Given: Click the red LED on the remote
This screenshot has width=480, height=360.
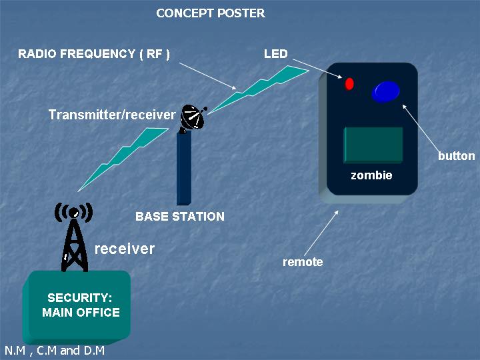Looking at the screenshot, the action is pyautogui.click(x=349, y=83).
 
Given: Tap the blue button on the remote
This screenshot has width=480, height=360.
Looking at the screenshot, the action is pyautogui.click(x=386, y=91).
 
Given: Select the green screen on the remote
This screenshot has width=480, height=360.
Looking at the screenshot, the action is pyautogui.click(x=373, y=145).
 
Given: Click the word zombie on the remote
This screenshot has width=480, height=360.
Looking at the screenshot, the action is pyautogui.click(x=371, y=175).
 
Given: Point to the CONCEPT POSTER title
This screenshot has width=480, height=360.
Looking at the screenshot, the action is pyautogui.click(x=211, y=13).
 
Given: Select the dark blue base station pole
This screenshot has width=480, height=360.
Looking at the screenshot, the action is pyautogui.click(x=184, y=168).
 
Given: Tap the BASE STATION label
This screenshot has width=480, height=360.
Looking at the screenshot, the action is pyautogui.click(x=180, y=217).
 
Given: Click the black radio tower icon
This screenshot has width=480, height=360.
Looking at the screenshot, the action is pyautogui.click(x=74, y=236).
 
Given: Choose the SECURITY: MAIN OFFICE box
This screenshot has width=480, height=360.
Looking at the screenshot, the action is pyautogui.click(x=77, y=306).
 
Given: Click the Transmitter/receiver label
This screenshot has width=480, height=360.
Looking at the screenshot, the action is pyautogui.click(x=112, y=115).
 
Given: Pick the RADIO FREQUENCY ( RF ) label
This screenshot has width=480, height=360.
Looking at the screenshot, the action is pyautogui.click(x=94, y=54).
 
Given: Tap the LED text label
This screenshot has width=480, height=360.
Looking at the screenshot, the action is pyautogui.click(x=276, y=54).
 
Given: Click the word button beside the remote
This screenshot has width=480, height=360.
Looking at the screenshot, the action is pyautogui.click(x=457, y=156).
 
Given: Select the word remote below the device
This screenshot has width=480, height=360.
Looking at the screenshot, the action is pyautogui.click(x=303, y=262).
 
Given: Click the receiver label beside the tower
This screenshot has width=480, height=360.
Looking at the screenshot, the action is pyautogui.click(x=125, y=249).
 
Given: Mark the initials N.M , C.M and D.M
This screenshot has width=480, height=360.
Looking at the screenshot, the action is pyautogui.click(x=55, y=351).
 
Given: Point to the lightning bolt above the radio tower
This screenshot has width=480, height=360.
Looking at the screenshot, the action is pyautogui.click(x=123, y=159).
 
